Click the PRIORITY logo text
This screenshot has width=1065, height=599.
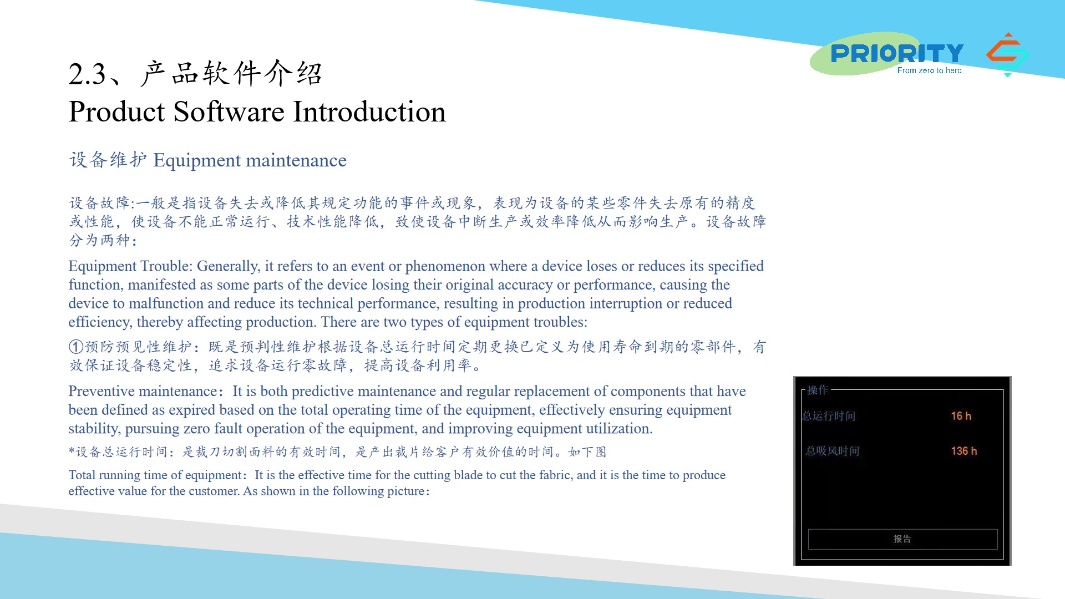(897, 53)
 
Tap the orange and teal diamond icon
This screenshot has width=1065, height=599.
(1007, 54)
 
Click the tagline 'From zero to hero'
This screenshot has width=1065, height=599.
(929, 70)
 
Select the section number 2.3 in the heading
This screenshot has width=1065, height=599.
(87, 74)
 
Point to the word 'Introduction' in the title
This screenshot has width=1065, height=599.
(369, 111)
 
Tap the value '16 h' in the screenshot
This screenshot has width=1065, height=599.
(961, 416)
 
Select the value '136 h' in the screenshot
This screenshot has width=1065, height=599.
(963, 451)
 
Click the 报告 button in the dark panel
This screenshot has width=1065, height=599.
(902, 539)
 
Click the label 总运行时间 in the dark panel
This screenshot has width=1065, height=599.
(829, 416)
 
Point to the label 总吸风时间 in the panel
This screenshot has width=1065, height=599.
(833, 451)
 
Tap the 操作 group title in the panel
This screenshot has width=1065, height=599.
(818, 390)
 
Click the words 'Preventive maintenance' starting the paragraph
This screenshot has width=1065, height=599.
(143, 391)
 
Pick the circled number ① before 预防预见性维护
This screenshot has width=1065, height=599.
(76, 347)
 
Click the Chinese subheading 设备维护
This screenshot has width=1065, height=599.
(108, 160)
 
